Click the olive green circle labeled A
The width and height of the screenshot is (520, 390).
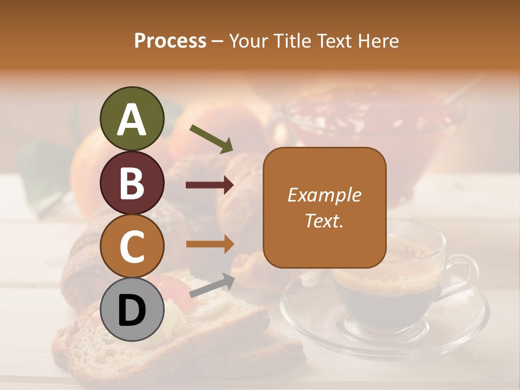[132, 119]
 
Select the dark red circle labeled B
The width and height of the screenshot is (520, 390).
[132, 183]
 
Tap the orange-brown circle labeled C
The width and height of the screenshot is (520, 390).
[132, 246]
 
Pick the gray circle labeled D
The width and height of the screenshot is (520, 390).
[132, 310]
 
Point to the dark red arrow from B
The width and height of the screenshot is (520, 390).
[210, 185]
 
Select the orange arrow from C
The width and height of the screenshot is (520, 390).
[210, 244]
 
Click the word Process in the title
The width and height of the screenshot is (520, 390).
[170, 41]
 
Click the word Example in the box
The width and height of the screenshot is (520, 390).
[324, 195]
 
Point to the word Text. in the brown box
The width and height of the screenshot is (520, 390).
[324, 221]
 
